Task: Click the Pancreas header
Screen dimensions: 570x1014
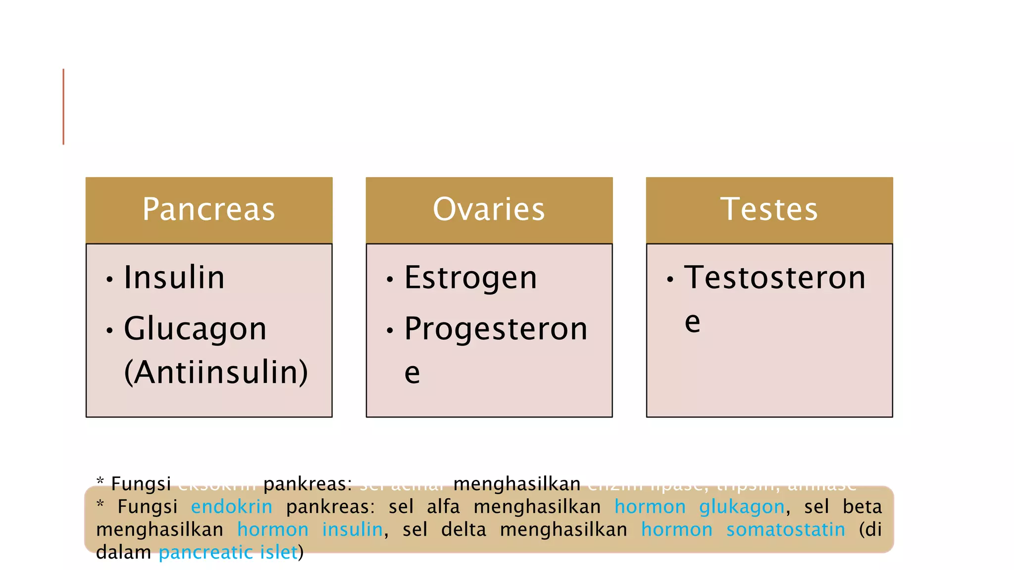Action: click(x=208, y=209)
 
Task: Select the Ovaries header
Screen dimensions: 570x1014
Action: click(x=489, y=209)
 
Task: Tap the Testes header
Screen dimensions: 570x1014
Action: click(x=769, y=209)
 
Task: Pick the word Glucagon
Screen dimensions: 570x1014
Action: click(x=195, y=329)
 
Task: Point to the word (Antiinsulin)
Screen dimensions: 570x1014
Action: click(x=216, y=372)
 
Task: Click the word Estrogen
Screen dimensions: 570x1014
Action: click(x=470, y=278)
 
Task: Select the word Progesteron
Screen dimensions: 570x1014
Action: click(x=496, y=329)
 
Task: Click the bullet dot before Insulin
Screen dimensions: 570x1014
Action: click(x=109, y=280)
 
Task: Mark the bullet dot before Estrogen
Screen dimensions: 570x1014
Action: click(x=390, y=280)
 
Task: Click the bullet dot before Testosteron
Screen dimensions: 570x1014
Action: click(x=670, y=280)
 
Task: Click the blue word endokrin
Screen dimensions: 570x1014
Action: click(x=232, y=507)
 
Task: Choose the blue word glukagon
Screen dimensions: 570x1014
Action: click(x=742, y=507)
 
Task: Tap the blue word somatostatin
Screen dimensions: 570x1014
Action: click(x=785, y=530)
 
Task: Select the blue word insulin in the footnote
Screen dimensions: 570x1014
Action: click(x=353, y=530)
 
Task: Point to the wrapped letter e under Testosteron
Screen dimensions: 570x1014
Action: click(x=692, y=323)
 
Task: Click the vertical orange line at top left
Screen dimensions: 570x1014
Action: click(x=63, y=106)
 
